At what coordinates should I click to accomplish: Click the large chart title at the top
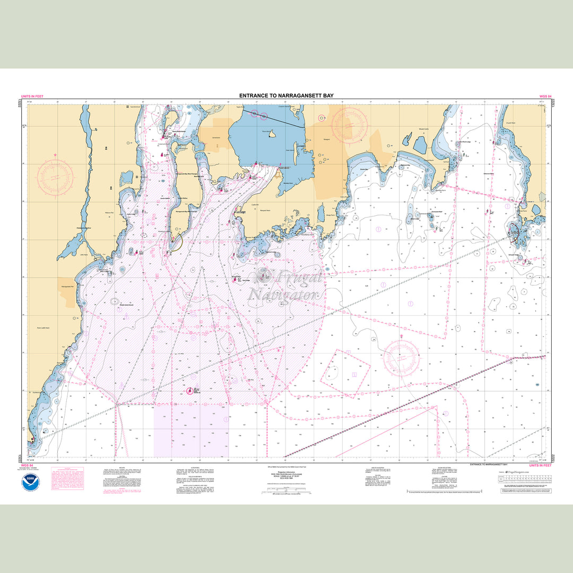[x=286, y=96]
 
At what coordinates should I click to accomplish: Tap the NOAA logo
[x=31, y=482]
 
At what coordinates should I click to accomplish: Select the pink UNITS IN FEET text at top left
[x=33, y=97]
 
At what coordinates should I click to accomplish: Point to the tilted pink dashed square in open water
[x=345, y=371]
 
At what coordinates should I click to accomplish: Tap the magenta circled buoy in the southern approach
[x=189, y=391]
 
